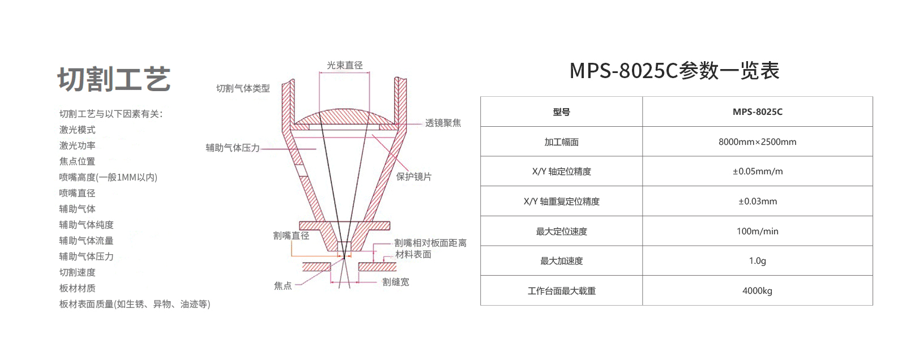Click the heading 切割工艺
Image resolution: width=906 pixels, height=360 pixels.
tap(114, 79)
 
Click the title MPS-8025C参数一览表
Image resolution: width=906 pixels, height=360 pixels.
tap(674, 71)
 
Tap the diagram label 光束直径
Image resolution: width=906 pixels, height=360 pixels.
tap(345, 65)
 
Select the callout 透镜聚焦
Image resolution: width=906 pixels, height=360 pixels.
tap(443, 123)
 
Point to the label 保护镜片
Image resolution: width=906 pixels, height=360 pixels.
tap(414, 177)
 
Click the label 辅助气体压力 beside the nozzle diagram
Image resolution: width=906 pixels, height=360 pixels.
tap(233, 148)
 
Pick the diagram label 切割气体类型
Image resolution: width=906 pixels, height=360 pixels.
tap(243, 88)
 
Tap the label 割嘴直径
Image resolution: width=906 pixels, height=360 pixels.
tap(291, 235)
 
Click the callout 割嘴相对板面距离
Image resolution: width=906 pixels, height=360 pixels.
tap(430, 243)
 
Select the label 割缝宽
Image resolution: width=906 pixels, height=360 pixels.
tap(396, 282)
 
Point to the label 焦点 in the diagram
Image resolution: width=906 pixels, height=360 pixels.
tap(283, 286)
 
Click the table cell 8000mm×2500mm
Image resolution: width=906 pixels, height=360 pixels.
tap(757, 142)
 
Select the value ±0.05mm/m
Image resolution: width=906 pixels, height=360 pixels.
tap(758, 172)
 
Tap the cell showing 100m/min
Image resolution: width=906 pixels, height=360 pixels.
tap(757, 232)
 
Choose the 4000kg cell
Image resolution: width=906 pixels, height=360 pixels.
tap(757, 291)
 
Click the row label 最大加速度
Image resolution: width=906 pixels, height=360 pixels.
tap(561, 261)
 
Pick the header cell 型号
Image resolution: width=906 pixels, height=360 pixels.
tap(561, 112)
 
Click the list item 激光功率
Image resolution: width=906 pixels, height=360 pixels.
tap(77, 145)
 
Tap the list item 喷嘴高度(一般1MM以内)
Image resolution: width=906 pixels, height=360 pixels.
tap(108, 177)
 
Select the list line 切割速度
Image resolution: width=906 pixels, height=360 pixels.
tap(77, 272)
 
